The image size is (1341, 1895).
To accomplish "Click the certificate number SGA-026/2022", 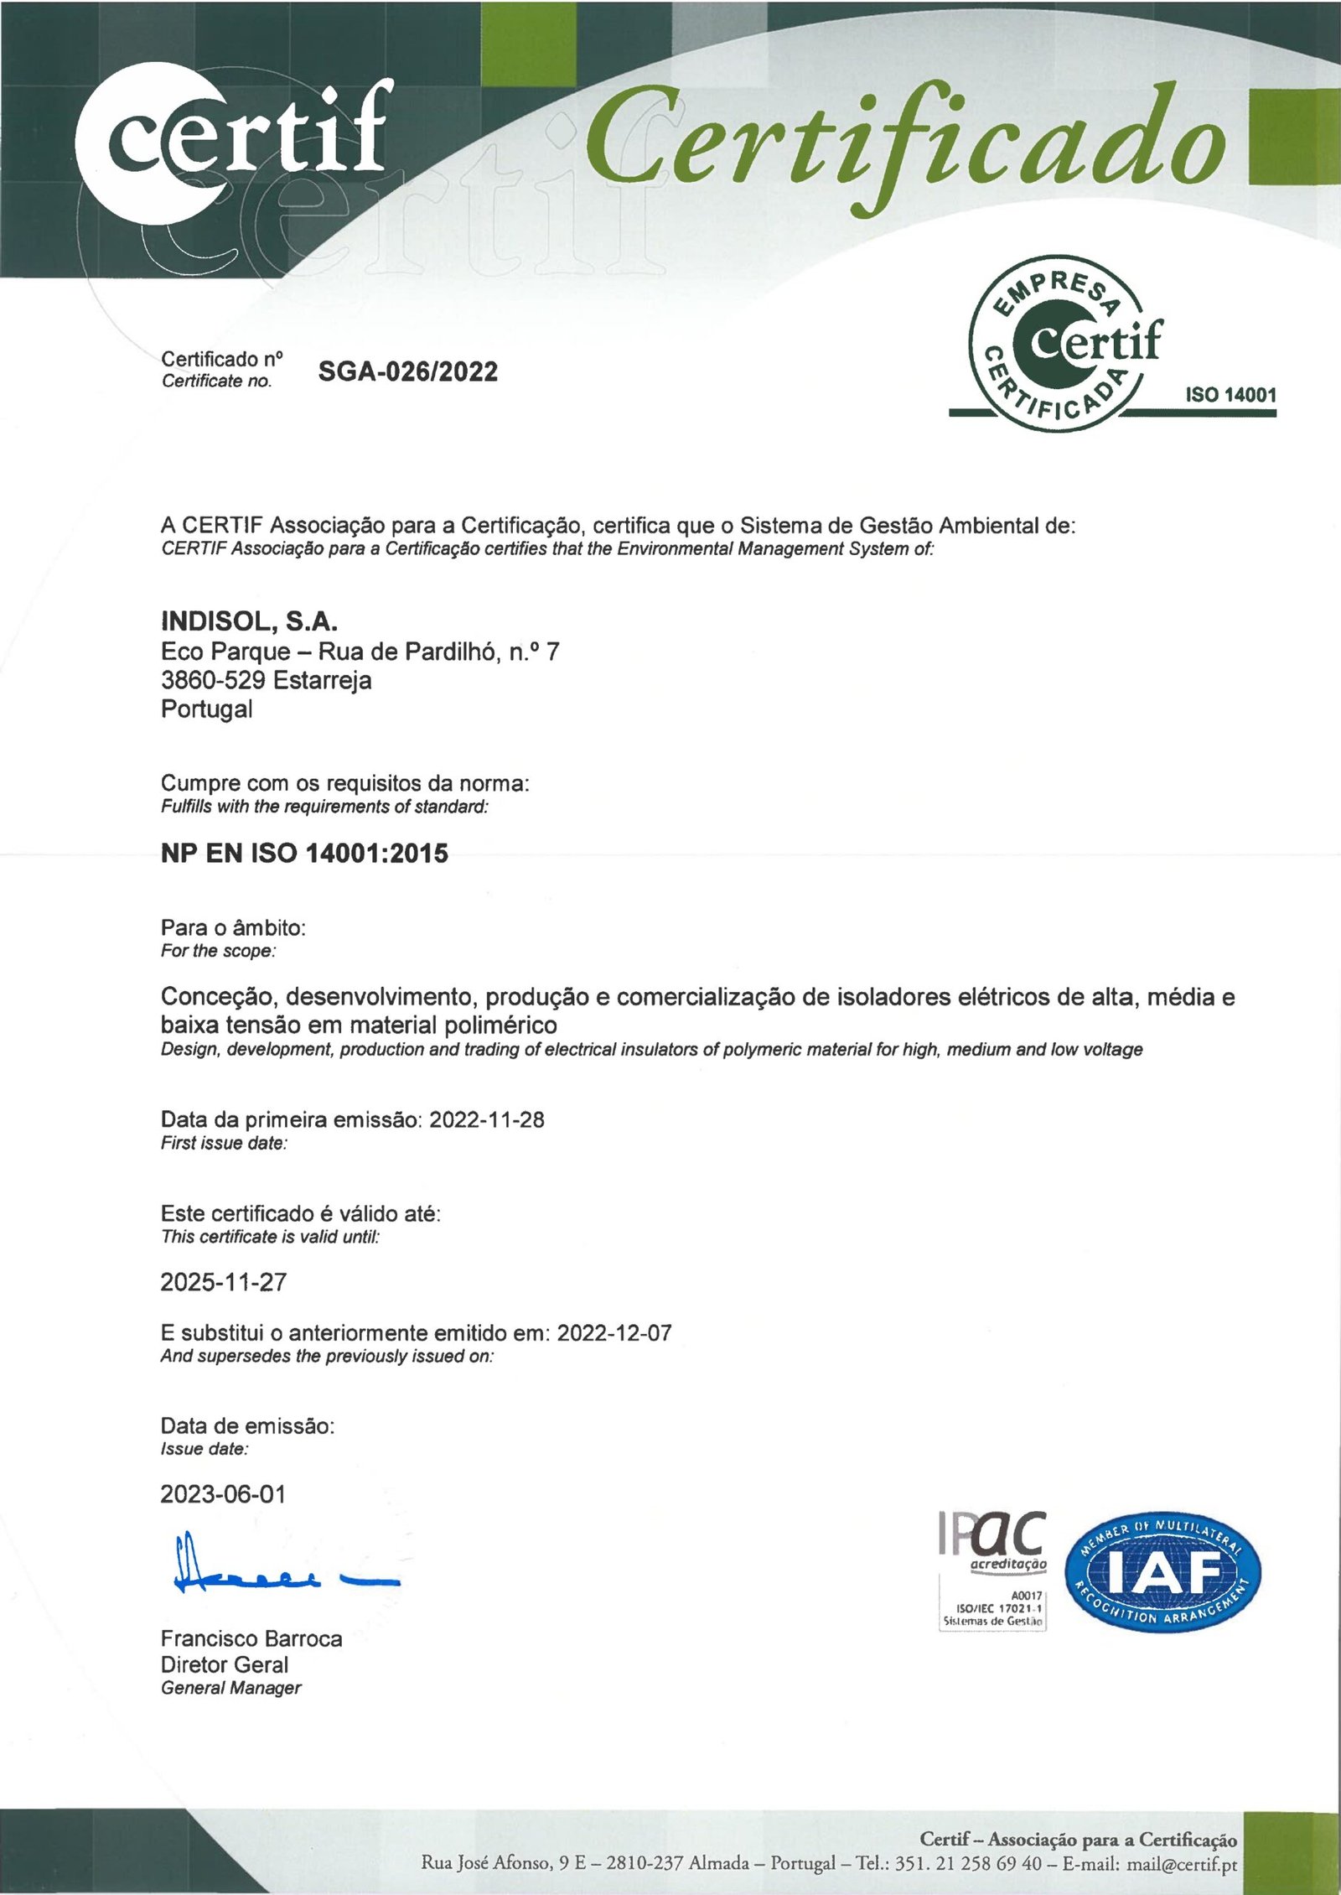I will [x=407, y=371].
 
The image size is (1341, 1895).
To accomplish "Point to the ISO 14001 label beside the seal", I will [x=1230, y=395].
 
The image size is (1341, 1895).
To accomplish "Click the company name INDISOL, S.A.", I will [x=249, y=621].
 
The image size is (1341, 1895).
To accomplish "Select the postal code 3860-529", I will [x=213, y=680].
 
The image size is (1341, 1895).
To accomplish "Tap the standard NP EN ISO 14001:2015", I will [x=304, y=854].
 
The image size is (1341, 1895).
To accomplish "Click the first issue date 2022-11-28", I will [x=486, y=1119].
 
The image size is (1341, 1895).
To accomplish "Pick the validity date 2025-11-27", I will [x=223, y=1282].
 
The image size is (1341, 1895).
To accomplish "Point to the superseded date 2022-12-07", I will [x=614, y=1333].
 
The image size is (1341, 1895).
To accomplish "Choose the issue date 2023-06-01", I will [x=223, y=1494].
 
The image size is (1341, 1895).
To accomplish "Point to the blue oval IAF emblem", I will [x=1162, y=1574].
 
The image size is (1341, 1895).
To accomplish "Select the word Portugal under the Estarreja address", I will [x=206, y=709].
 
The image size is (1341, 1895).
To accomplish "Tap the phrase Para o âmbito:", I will [x=233, y=927].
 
